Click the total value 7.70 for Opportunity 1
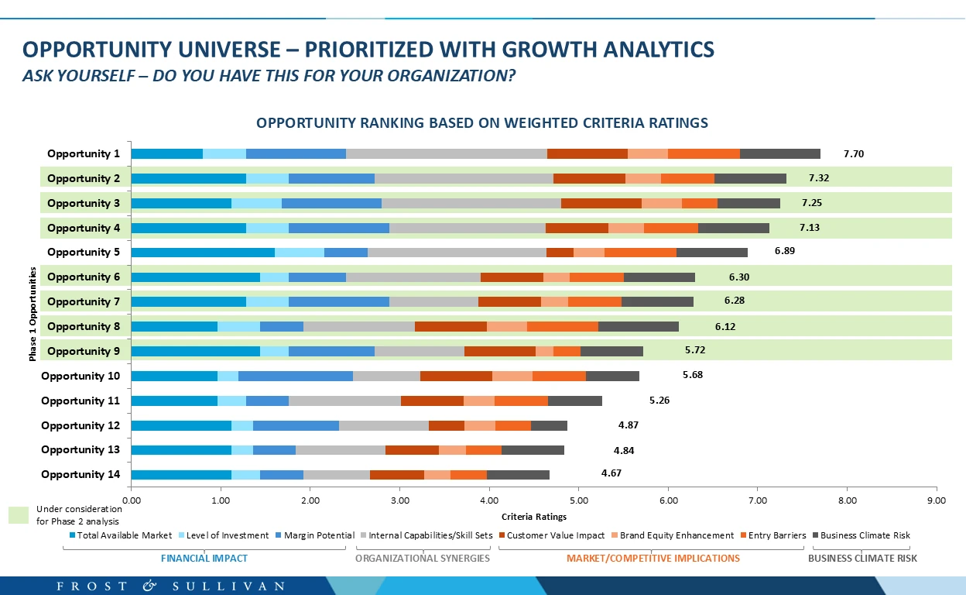[x=853, y=154]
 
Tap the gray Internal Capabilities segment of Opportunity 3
[x=471, y=203]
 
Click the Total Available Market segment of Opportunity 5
[x=203, y=252]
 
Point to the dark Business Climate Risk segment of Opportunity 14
[x=518, y=475]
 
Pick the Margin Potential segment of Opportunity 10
[x=295, y=376]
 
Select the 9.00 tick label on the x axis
[x=936, y=501]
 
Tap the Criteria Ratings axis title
[x=534, y=517]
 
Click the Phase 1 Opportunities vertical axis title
[x=33, y=314]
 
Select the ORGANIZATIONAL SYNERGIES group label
[x=423, y=558]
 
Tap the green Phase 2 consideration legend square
[x=19, y=515]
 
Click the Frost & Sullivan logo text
[x=170, y=586]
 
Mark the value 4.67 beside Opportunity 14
[x=611, y=473]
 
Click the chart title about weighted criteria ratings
[x=482, y=123]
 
